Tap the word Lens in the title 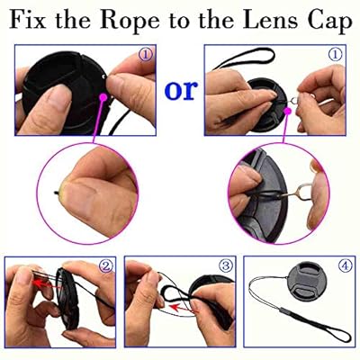click(x=270, y=20)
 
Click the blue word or click(x=181, y=90)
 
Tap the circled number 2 click(x=106, y=265)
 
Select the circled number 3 click(x=226, y=265)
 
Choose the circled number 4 click(x=345, y=265)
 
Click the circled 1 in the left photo click(x=146, y=55)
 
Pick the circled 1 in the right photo click(x=335, y=55)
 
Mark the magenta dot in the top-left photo click(x=103, y=97)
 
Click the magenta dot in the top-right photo click(x=288, y=112)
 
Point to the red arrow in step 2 click(x=45, y=283)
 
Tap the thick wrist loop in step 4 click(x=319, y=326)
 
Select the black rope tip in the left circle click(x=57, y=193)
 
